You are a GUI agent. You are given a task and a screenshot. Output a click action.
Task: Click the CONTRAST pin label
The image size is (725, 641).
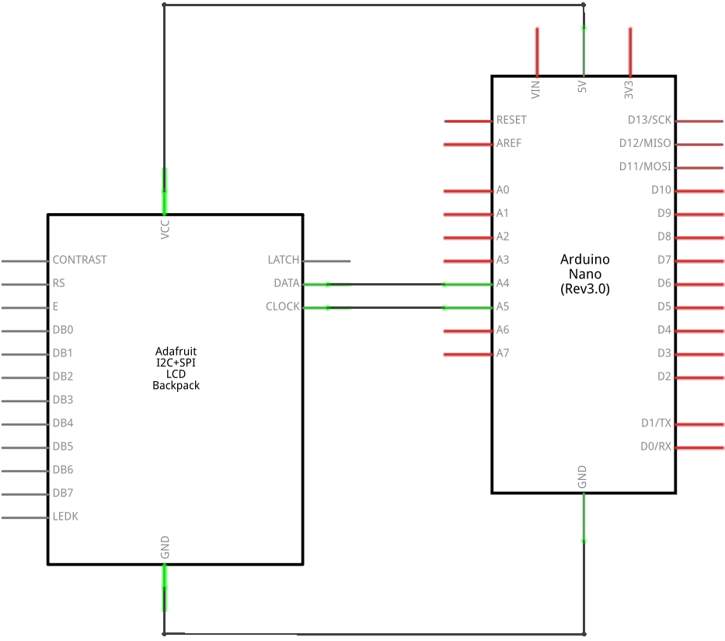coord(79,260)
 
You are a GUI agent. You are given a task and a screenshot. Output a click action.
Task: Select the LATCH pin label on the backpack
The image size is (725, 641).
coord(283,260)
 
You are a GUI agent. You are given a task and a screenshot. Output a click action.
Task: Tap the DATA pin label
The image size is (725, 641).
coord(287,283)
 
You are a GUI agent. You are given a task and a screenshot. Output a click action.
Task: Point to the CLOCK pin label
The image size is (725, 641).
coord(283,306)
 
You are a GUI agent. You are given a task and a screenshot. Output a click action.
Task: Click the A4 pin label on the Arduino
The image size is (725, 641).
coord(503,283)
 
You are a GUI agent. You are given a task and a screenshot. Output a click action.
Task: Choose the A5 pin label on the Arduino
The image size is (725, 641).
coord(503,306)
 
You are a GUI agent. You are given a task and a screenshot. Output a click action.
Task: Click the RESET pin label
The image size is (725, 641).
coord(511,121)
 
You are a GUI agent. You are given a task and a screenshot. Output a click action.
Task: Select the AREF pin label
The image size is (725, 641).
coord(509,144)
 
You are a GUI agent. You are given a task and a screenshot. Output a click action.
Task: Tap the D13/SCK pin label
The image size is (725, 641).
coord(650,121)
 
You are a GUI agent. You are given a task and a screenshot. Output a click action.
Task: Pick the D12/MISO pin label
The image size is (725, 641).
coord(645,144)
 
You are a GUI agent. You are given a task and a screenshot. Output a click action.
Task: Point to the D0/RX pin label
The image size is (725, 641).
coord(656,447)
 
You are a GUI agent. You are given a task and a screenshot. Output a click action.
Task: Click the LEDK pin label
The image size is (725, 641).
coord(65,517)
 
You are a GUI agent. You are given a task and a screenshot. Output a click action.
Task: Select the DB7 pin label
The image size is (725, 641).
coord(63,493)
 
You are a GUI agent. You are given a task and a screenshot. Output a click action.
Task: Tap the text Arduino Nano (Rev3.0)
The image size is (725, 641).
coord(585,274)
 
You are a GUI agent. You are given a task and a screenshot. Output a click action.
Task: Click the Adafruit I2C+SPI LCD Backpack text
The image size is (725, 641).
coord(176,368)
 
